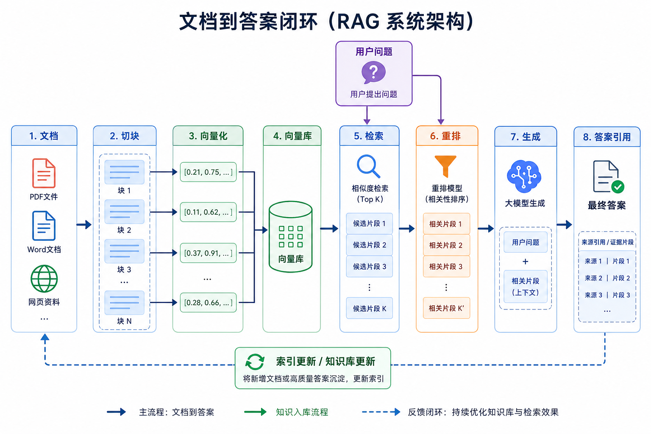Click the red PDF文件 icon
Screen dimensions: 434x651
point(44,173)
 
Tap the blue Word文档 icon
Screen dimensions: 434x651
point(44,226)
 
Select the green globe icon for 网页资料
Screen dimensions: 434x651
point(44,279)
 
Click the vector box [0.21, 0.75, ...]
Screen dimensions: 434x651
point(208,172)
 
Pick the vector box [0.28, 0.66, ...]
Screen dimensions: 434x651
point(208,303)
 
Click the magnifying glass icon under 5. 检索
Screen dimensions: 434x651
point(368,166)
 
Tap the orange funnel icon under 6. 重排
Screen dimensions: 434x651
point(445,166)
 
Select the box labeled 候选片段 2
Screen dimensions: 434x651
point(370,245)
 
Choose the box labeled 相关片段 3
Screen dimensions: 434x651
point(446,267)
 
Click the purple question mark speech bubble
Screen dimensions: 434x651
point(373,72)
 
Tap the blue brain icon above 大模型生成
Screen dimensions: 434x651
point(524,176)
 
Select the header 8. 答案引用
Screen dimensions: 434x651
point(607,137)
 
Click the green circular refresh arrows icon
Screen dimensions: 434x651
point(255,362)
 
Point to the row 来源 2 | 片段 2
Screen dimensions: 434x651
point(607,278)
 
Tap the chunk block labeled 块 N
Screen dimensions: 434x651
point(124,303)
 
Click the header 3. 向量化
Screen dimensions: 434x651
point(208,136)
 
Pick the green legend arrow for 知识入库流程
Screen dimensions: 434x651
point(255,412)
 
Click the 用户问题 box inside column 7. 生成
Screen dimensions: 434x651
point(526,242)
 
